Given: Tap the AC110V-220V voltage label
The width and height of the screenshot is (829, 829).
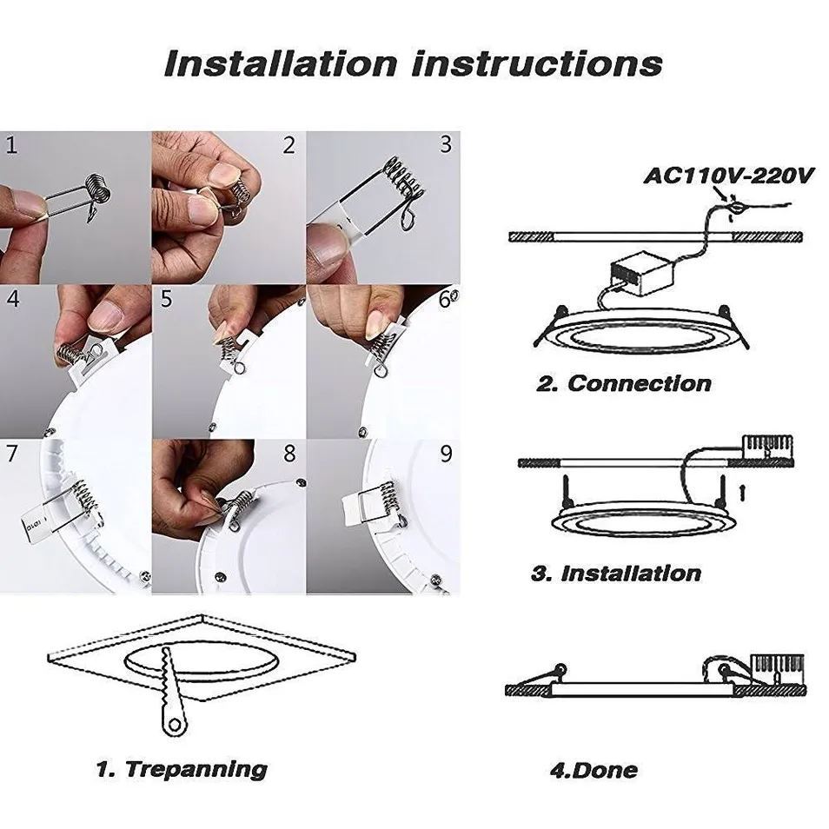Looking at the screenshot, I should click(x=728, y=175).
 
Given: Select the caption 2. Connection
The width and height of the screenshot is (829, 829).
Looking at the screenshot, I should click(x=623, y=383).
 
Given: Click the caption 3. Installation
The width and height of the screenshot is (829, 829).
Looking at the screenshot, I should click(x=615, y=574).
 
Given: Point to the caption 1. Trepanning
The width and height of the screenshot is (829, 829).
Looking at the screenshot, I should click(x=181, y=768).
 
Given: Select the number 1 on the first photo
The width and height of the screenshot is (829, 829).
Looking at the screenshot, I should click(x=11, y=145).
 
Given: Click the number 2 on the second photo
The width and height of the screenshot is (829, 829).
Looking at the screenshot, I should click(x=289, y=145).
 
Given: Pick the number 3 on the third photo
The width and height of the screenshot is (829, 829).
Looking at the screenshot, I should click(x=446, y=144).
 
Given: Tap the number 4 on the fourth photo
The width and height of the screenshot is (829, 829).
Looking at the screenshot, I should click(x=12, y=300).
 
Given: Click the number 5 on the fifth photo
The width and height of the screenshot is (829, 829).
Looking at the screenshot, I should click(x=166, y=300).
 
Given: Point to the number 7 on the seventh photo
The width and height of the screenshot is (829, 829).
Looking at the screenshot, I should click(x=11, y=454).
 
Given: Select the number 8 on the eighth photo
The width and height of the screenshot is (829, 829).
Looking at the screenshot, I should click(x=289, y=454).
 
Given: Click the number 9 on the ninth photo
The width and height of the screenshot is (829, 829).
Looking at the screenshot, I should click(x=446, y=454).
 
